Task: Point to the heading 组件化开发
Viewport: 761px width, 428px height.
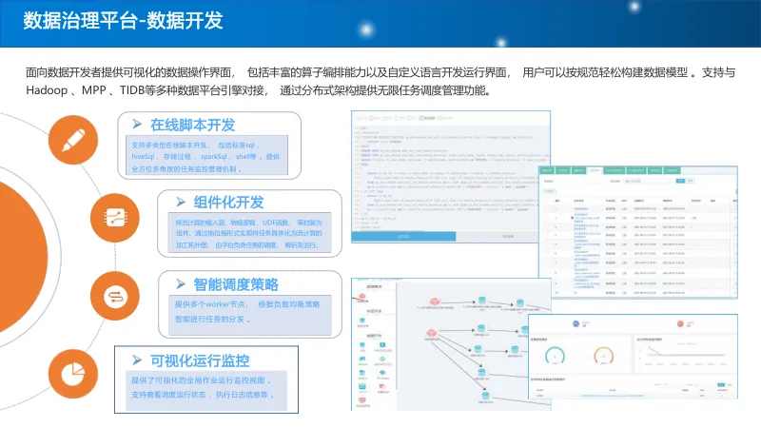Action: (x=228, y=203)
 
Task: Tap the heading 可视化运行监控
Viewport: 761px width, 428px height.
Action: (x=200, y=360)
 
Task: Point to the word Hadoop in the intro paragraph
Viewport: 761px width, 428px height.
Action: (x=47, y=91)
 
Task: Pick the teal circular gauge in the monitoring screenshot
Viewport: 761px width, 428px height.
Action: (x=554, y=355)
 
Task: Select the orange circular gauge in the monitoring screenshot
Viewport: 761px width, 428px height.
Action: (x=603, y=355)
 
